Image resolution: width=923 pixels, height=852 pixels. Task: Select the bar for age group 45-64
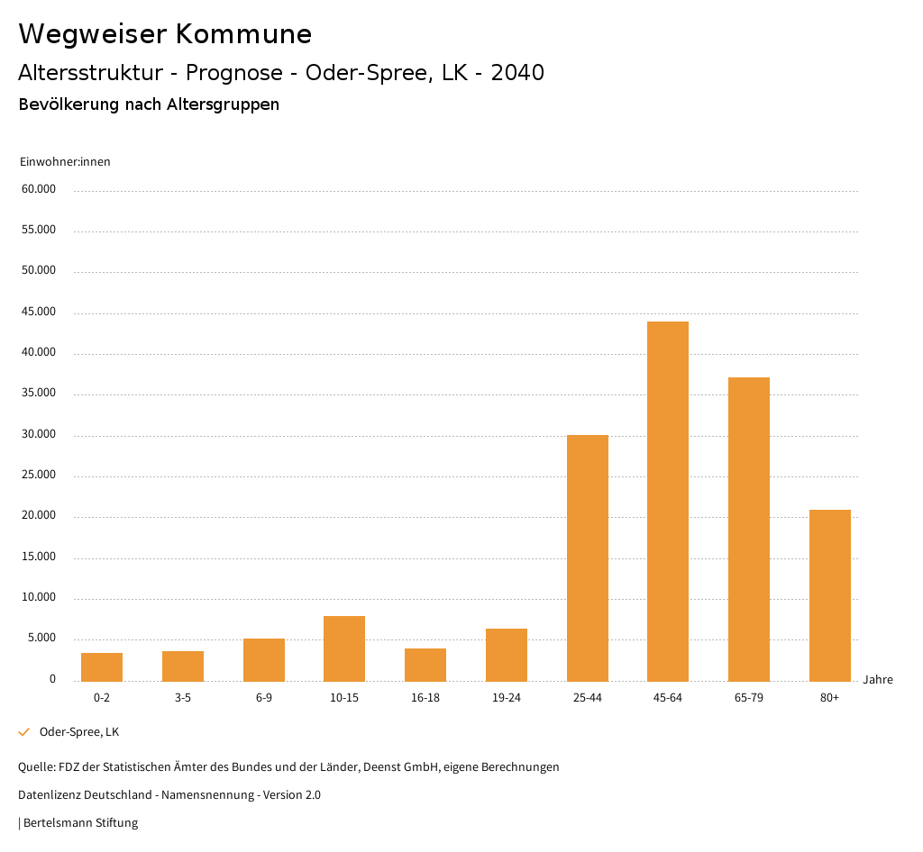coord(668,501)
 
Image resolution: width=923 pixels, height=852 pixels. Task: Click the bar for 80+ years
coord(829,595)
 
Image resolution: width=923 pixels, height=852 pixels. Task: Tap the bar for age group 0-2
coord(102,666)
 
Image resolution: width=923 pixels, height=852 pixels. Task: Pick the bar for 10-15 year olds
coord(344,648)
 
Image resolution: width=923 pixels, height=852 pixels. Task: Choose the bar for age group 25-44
coord(587,557)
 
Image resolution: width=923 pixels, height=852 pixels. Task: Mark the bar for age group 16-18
coord(425,665)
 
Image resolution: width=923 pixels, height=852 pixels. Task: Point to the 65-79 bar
coord(749,529)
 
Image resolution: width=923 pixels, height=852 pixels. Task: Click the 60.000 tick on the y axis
coord(40,189)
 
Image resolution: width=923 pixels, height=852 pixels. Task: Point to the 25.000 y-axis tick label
coord(40,475)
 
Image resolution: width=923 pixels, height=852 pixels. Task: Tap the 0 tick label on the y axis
coord(52,679)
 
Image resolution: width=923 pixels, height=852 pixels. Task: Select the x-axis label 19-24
coord(507,698)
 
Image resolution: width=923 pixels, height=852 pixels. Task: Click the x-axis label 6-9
coord(264,698)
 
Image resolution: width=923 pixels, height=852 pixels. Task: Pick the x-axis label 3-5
coord(183,698)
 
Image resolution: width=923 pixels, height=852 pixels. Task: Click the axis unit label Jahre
coord(877,679)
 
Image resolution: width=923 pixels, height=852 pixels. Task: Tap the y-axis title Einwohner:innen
coord(65,161)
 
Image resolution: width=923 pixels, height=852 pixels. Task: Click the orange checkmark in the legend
coord(24,732)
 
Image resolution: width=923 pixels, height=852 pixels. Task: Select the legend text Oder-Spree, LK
coord(79,732)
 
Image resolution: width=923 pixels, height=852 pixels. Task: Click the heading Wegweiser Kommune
coord(165,33)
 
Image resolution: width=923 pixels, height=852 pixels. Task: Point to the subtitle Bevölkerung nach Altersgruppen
coord(149,104)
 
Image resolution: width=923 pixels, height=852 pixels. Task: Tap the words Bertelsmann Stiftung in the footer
coord(80,822)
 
